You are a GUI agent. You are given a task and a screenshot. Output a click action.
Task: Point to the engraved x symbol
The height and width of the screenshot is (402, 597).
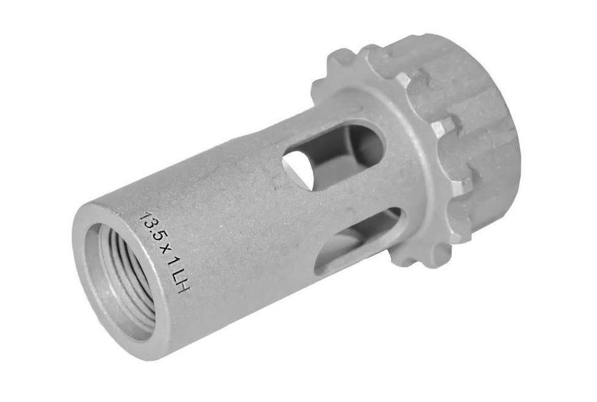162,251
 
